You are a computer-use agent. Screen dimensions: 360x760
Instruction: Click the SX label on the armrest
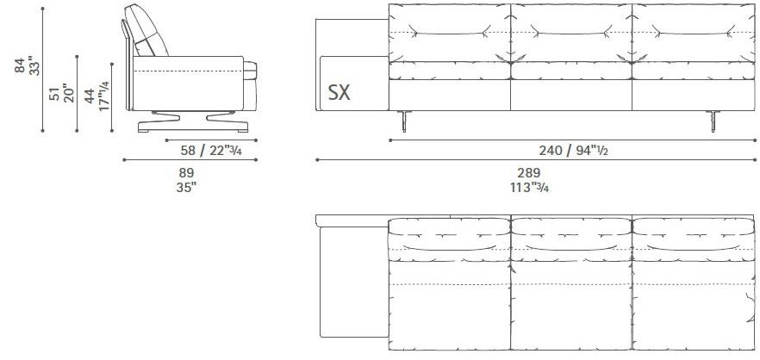339,93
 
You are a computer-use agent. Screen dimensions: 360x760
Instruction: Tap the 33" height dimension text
34,65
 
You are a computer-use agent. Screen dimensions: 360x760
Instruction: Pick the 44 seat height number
90,95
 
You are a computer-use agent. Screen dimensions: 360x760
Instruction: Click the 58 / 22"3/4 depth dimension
211,150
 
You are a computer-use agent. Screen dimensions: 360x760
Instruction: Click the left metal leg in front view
402,122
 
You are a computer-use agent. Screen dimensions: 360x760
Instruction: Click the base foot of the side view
194,127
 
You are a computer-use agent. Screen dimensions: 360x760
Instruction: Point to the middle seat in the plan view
572,301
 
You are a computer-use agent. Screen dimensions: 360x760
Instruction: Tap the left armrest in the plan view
352,284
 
